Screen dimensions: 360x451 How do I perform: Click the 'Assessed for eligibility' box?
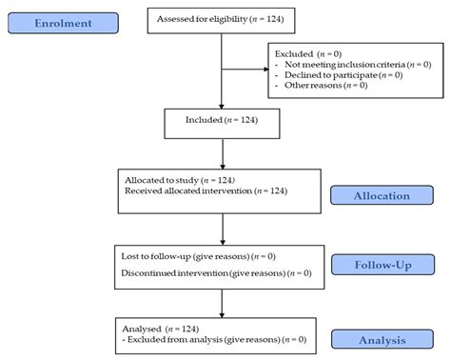[220, 18]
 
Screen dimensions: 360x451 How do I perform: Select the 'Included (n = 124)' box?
[221, 121]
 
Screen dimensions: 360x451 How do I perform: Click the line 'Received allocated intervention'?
[206, 191]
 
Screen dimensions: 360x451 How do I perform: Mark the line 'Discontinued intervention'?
[216, 274]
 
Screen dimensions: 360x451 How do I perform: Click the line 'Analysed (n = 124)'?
[167, 327]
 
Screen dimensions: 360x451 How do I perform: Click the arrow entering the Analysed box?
[222, 303]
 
